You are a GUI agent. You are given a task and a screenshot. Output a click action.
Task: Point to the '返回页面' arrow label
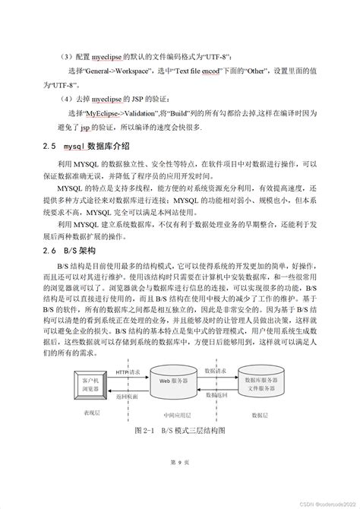click(127, 397)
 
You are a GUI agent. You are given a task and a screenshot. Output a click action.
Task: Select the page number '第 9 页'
click(179, 482)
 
